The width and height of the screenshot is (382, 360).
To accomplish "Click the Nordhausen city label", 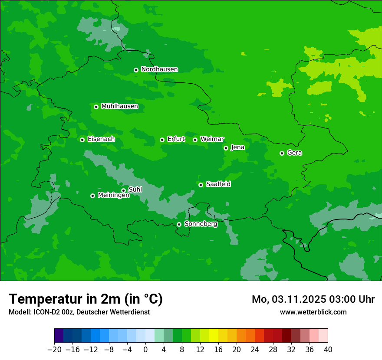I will point(159,69).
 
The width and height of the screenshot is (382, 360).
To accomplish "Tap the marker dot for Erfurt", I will point(162,140).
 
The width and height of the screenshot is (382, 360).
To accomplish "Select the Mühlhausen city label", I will point(119,106).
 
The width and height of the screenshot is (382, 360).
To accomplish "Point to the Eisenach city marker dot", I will point(82,140).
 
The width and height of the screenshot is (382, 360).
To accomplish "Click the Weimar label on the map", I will point(212,139).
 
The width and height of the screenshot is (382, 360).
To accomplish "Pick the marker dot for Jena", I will point(226,148).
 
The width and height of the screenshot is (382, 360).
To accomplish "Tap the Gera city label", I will point(294,153).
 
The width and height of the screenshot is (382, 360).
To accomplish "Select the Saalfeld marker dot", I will point(201,185).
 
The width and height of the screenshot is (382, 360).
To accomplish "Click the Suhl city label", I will point(135,190).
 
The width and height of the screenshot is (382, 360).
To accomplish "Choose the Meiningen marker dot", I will point(92,196).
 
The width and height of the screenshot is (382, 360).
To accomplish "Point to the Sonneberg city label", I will point(201,224).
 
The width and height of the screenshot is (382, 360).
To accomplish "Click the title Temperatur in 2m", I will point(86,299).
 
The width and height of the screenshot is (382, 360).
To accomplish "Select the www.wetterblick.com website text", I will point(313,312).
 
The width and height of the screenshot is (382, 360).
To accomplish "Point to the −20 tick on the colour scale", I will point(54,349).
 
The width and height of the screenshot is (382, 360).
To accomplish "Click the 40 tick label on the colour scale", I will point(328,349).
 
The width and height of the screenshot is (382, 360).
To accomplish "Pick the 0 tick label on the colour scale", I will point(145,349).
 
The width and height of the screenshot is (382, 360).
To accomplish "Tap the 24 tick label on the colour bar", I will point(255,349).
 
